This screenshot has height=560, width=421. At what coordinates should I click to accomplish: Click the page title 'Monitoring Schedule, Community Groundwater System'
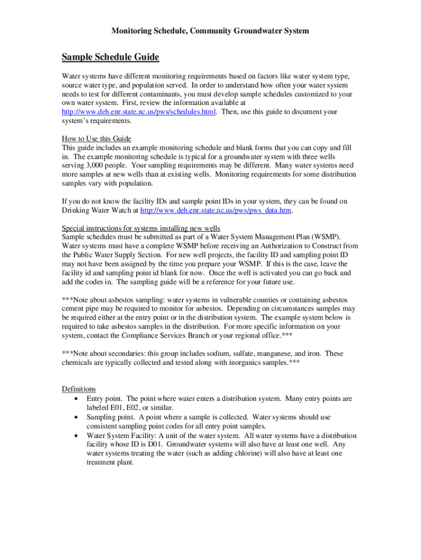pyautogui.click(x=210, y=31)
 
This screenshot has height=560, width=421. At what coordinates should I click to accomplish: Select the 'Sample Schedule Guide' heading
pyautogui.click(x=110, y=57)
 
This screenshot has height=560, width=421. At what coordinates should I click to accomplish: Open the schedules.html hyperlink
pyautogui.click(x=139, y=112)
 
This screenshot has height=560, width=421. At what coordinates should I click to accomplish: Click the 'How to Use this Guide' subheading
pyautogui.click(x=97, y=138)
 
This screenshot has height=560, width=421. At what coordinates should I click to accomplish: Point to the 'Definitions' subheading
pyautogui.click(x=79, y=389)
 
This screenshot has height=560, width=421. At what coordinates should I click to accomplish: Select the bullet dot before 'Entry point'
pyautogui.click(x=75, y=399)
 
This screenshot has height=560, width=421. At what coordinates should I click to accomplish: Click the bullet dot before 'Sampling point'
pyautogui.click(x=75, y=417)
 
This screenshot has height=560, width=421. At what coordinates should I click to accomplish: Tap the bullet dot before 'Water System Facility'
pyautogui.click(x=75, y=436)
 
